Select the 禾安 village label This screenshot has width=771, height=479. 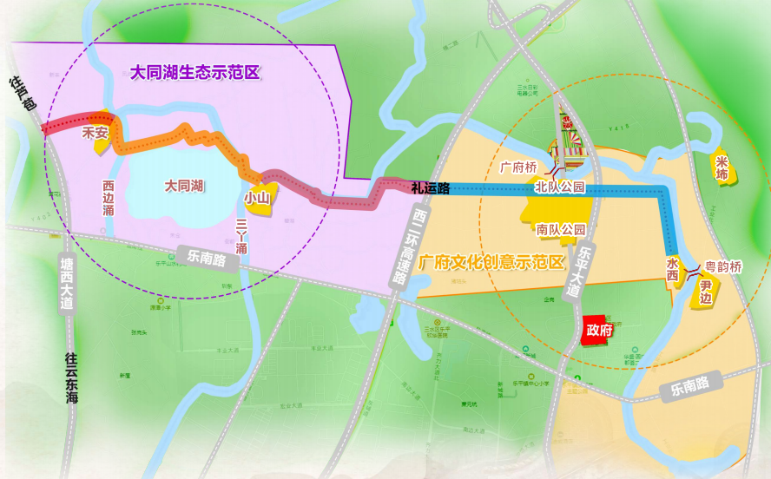coord(95,134)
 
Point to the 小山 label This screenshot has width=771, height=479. coord(257,198)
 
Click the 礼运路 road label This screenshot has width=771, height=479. coord(431,187)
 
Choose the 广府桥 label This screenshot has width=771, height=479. coord(519,167)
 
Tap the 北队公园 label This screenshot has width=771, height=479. coord(560,187)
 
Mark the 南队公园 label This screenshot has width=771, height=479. coord(561,230)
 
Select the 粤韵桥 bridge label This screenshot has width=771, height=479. coord(722,267)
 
